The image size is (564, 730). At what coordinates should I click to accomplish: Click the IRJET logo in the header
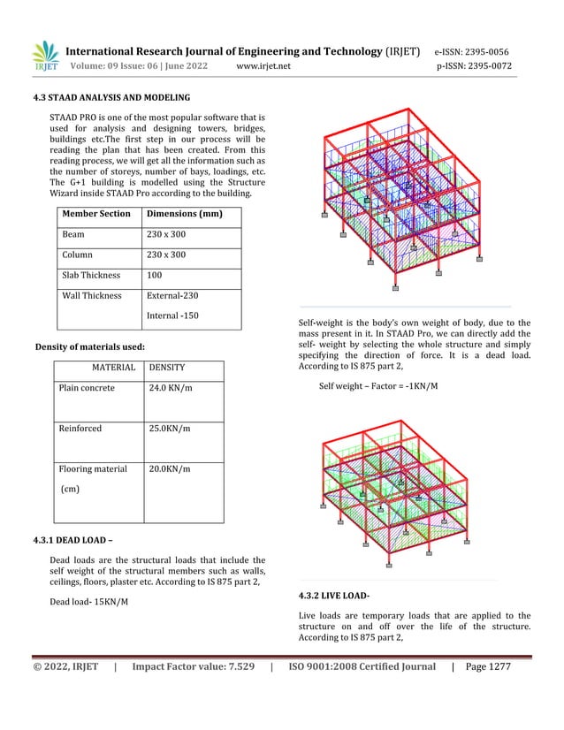pyautogui.click(x=45, y=57)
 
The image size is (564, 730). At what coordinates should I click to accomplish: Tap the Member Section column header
pyautogui.click(x=95, y=214)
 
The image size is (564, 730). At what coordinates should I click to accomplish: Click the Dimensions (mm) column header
pyautogui.click(x=184, y=214)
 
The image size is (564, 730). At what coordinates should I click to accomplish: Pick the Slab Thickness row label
pyautogui.click(x=91, y=276)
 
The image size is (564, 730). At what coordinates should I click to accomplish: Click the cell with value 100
pyautogui.click(x=156, y=276)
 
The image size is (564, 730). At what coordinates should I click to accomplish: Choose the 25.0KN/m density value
pyautogui.click(x=170, y=429)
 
